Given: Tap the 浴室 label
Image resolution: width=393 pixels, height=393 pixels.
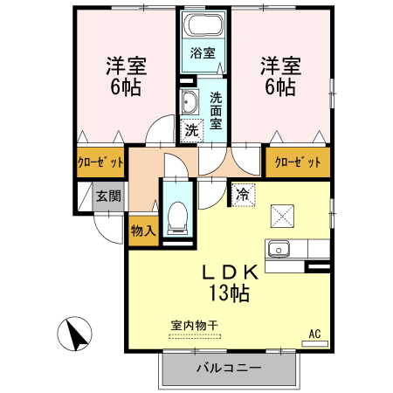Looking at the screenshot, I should click(203, 52).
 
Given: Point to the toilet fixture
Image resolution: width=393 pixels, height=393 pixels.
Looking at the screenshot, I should click(176, 215).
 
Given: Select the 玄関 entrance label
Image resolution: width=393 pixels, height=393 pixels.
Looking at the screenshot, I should click(108, 196).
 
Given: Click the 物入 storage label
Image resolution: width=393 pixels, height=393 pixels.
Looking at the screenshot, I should click(142, 231).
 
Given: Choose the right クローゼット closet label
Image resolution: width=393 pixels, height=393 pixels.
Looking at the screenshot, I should click(298, 162).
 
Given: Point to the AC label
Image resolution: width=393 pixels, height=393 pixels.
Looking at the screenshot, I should click(315, 333).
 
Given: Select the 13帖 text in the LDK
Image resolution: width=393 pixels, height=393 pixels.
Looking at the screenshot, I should click(228, 293).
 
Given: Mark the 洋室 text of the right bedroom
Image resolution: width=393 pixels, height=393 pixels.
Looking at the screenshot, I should click(279, 65).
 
